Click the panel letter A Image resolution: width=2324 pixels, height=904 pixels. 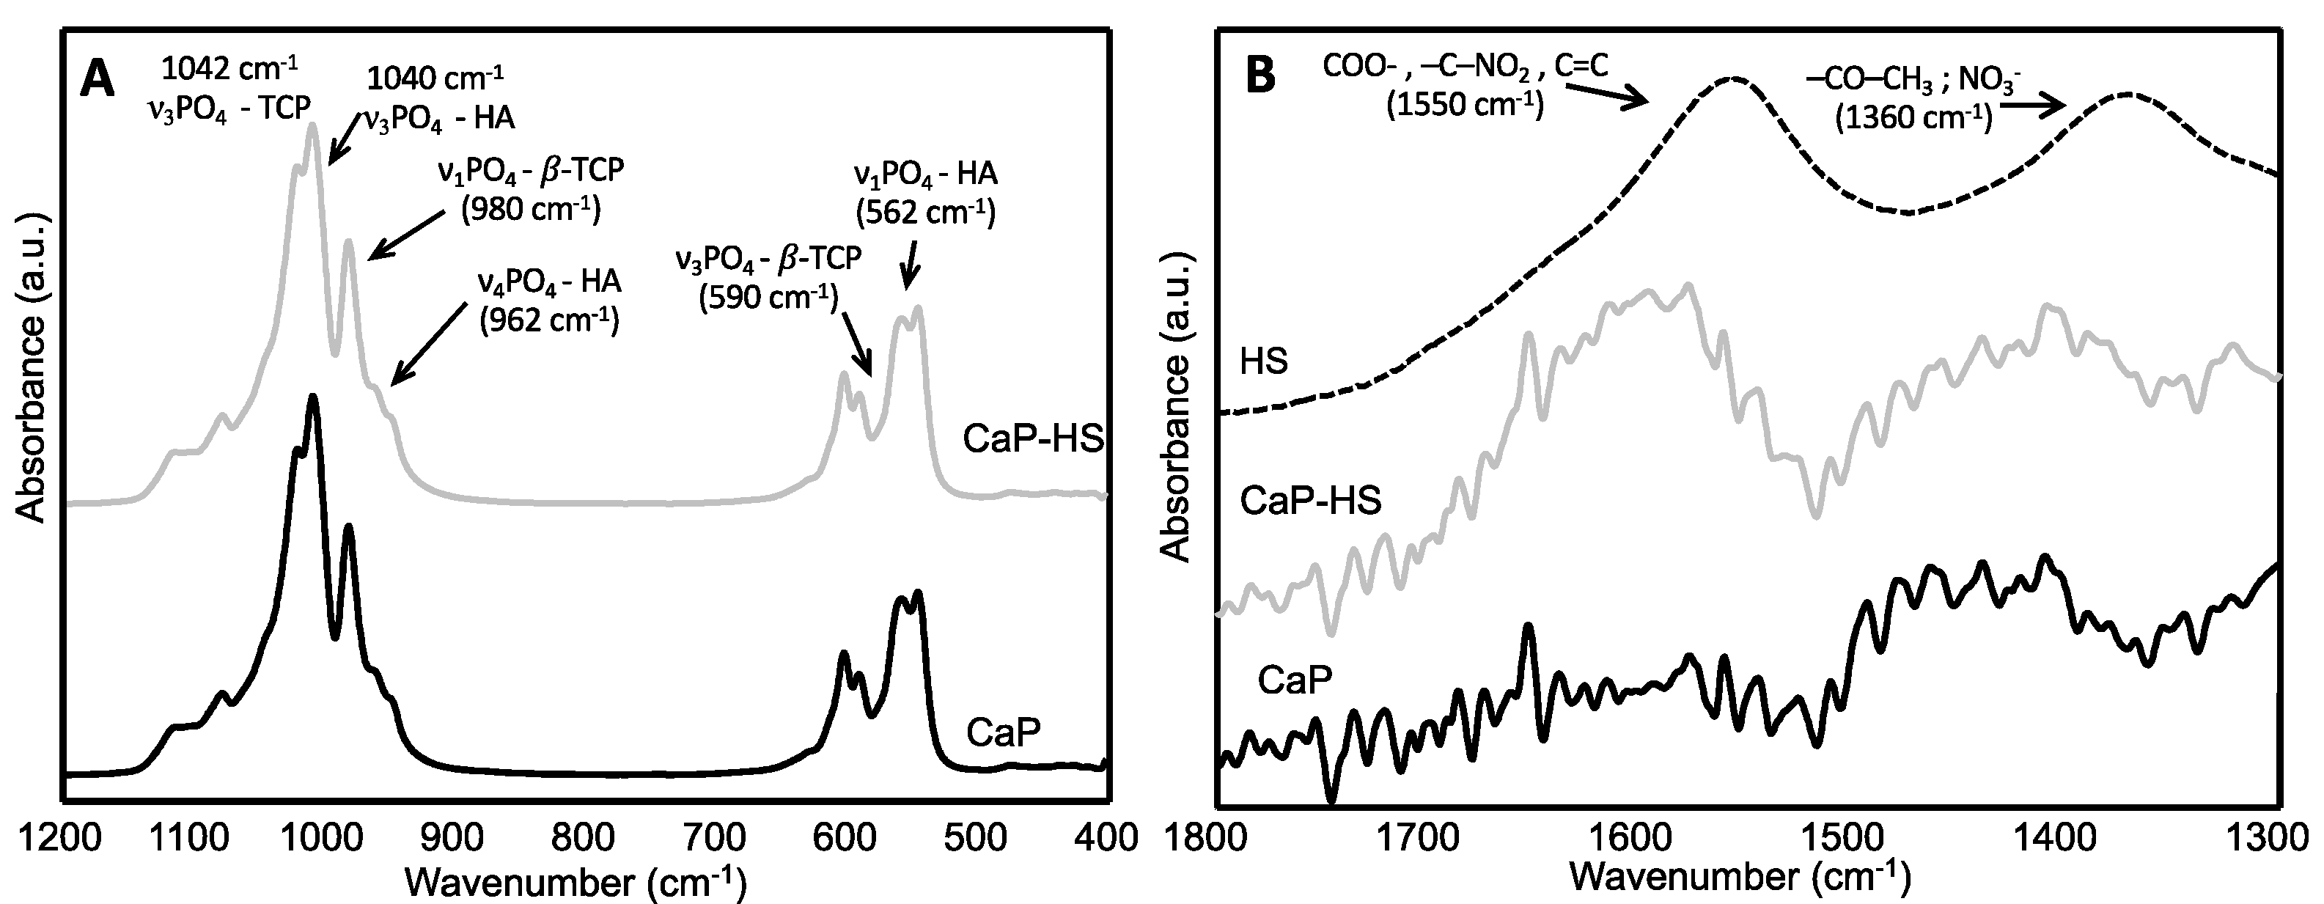coord(98,79)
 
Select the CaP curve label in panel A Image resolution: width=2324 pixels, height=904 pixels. coord(1003,732)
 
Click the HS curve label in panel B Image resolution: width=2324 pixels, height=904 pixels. coord(1264,361)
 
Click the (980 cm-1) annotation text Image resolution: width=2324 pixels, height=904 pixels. coord(531,209)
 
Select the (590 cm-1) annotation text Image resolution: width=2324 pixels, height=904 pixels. coord(768,297)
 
